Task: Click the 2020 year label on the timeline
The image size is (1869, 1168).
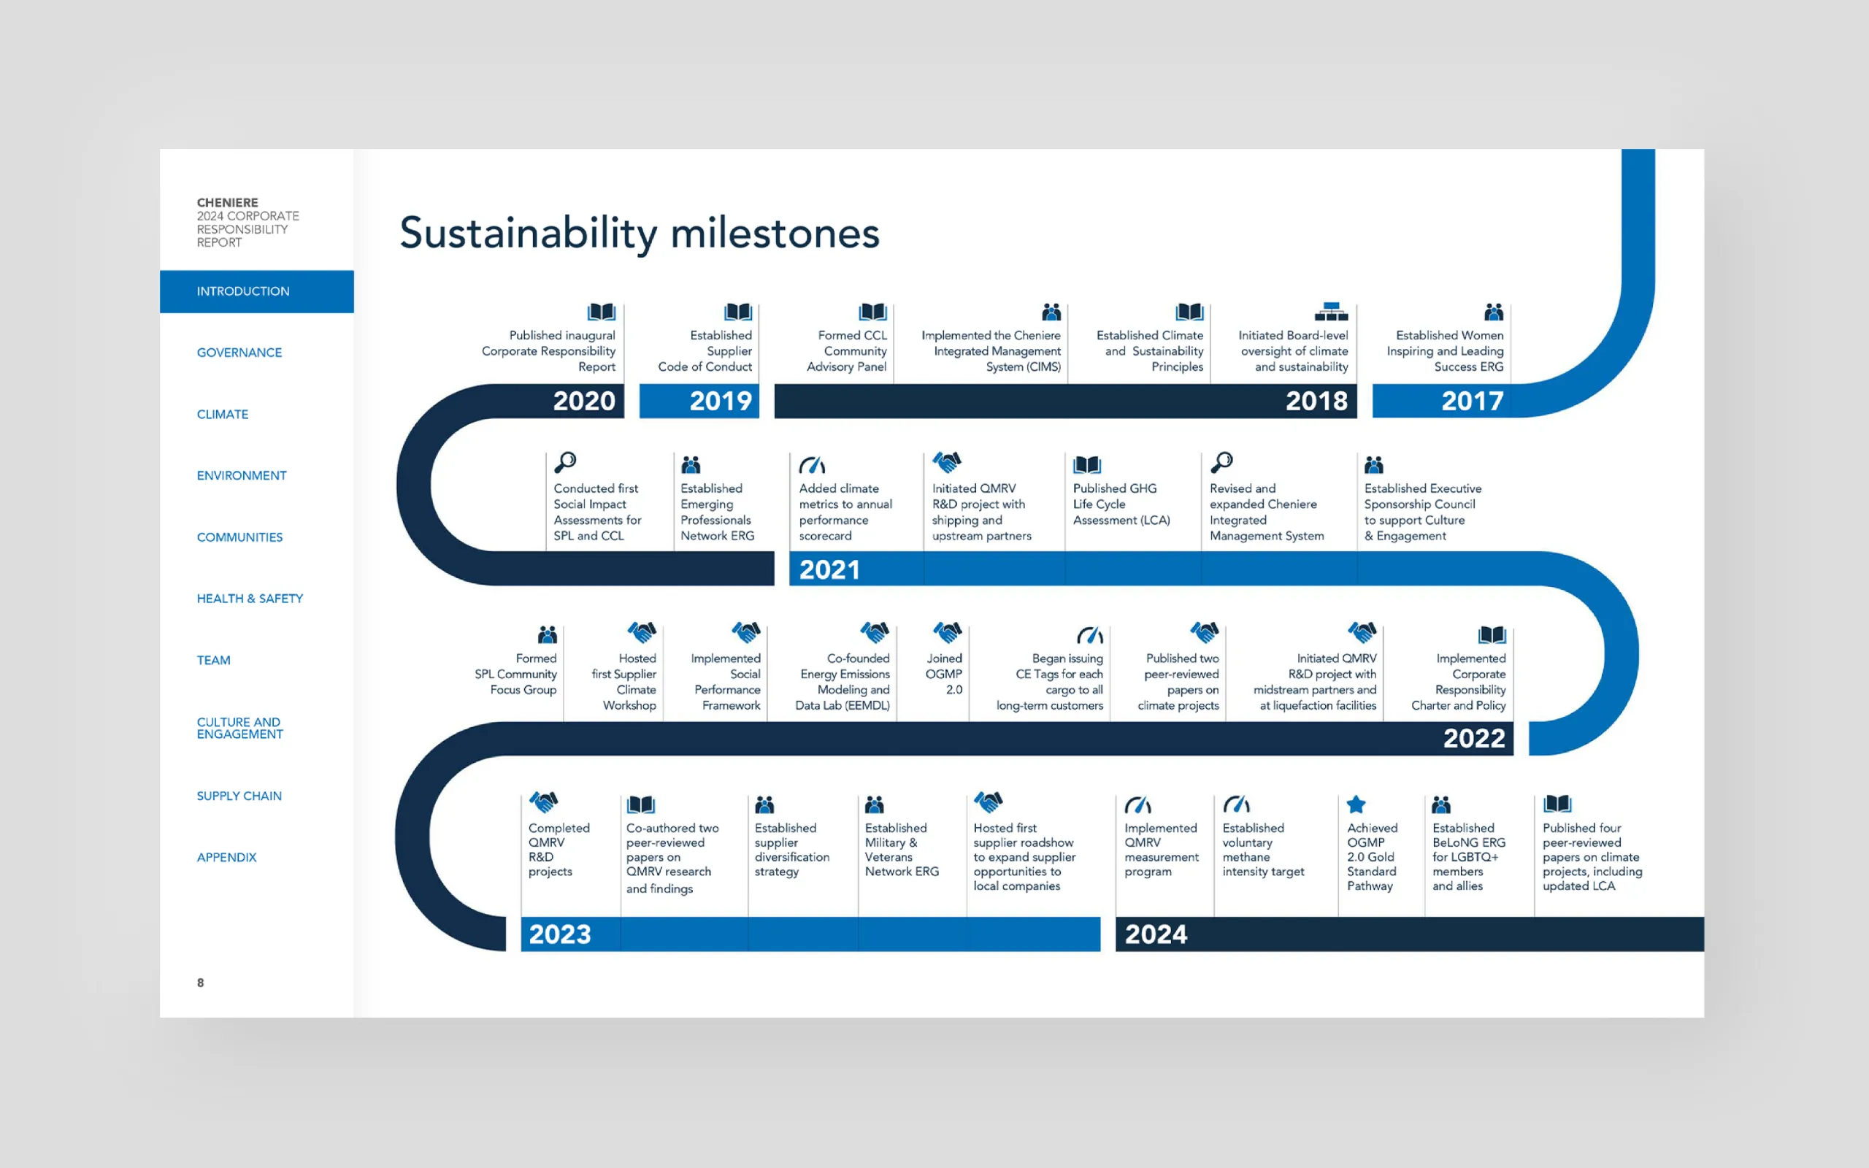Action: (x=584, y=401)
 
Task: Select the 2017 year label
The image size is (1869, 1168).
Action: (x=1472, y=401)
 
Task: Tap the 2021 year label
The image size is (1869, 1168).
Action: (x=829, y=570)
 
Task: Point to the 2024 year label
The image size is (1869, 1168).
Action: (x=1156, y=934)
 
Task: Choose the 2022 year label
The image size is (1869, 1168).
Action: (x=1473, y=739)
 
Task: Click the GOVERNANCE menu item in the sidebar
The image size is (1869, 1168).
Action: (x=239, y=353)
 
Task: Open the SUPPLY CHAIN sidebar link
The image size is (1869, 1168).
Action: (x=239, y=796)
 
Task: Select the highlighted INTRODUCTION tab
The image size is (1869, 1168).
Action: (x=256, y=291)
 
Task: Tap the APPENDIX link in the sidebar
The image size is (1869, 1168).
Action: (x=226, y=858)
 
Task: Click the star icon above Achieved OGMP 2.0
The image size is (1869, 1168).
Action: (x=1356, y=804)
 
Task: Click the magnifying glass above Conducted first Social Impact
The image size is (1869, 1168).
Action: (x=565, y=462)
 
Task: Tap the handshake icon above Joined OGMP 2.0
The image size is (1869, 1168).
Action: (x=947, y=632)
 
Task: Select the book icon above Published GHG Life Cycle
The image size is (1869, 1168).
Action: (x=1086, y=464)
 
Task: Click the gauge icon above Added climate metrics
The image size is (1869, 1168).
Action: (x=813, y=464)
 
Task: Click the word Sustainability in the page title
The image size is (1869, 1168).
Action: (x=529, y=234)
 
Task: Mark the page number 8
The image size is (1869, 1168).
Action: (x=201, y=983)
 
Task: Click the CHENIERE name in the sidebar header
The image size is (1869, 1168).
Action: (x=227, y=202)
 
